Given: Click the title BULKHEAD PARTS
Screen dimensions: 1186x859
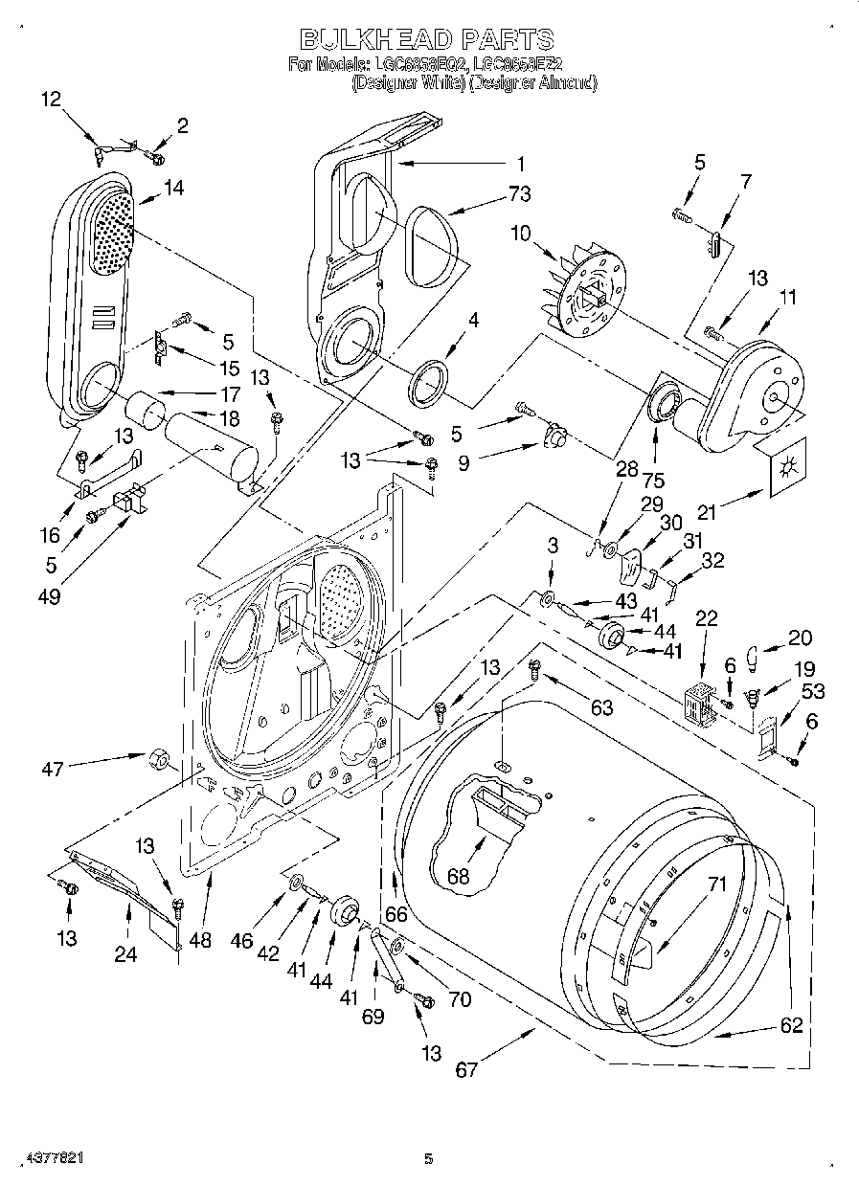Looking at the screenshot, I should click(x=427, y=39).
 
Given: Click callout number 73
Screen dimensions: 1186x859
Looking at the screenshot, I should click(x=519, y=194).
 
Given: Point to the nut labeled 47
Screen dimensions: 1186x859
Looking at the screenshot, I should click(x=159, y=761).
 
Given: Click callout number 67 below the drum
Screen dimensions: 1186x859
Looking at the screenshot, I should click(x=466, y=1069).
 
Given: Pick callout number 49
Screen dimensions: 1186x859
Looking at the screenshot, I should click(x=50, y=597).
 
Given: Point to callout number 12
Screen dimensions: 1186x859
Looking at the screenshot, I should click(x=51, y=99).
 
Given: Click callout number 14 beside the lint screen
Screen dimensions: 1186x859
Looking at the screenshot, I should click(x=173, y=189).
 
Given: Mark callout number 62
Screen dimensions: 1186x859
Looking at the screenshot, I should click(x=791, y=1026).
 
